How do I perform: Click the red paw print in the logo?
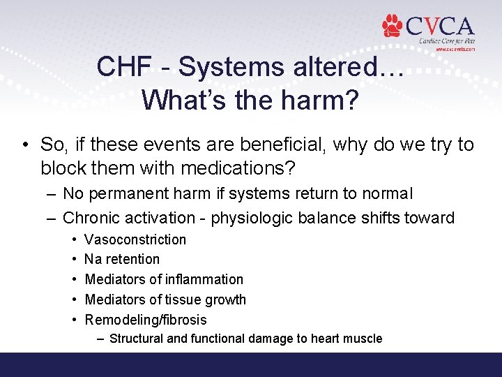click(393, 26)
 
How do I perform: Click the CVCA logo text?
click(439, 27)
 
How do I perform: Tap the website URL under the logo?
click(455, 50)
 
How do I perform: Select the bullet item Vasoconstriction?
click(135, 239)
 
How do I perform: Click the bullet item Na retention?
click(122, 259)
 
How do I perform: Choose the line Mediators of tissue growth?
click(165, 300)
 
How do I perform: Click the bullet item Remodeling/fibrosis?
click(146, 320)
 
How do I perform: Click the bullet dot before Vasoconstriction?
click(73, 239)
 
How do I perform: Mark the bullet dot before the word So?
click(25, 145)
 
